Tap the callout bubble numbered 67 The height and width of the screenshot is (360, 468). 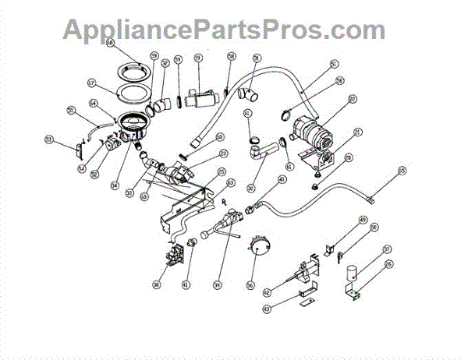click(x=91, y=81)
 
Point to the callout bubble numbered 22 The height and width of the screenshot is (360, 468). click(x=353, y=99)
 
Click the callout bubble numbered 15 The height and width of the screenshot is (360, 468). click(x=402, y=170)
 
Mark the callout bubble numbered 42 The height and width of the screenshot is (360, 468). click(x=267, y=292)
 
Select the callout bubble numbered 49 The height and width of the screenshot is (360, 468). click(x=363, y=221)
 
